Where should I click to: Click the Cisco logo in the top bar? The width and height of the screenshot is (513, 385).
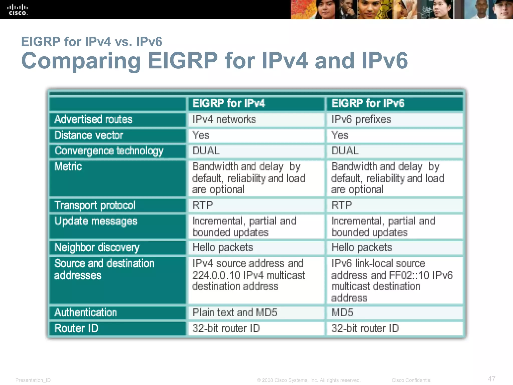coord(18,10)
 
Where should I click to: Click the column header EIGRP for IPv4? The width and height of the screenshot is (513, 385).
coord(229,103)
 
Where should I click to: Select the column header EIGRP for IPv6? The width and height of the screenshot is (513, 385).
coord(368,103)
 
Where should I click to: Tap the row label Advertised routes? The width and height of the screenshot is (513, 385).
coord(93,119)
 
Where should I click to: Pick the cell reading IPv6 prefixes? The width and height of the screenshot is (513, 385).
coord(361,119)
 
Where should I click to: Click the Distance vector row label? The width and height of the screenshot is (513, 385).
coord(89,135)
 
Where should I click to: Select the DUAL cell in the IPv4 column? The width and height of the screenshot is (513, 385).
coord(206,151)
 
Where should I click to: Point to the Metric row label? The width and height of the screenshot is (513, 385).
coord(68,167)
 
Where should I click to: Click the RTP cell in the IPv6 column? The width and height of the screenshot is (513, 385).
coord(342,205)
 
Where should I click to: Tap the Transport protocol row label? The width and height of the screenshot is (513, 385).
coord(95,205)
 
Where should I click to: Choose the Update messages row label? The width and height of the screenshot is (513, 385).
coord(96,221)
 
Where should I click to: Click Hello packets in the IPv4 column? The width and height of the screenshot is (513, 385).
coord(223,248)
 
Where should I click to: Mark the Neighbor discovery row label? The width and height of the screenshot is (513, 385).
coord(97,248)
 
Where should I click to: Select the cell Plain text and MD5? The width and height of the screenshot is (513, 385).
coord(235,313)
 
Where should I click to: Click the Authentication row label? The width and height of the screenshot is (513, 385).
coord(86,313)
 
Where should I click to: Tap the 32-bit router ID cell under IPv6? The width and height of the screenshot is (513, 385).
coord(365,329)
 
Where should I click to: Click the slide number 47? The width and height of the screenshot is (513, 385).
coord(491,379)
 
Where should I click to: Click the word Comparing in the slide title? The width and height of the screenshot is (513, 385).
coord(81,61)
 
